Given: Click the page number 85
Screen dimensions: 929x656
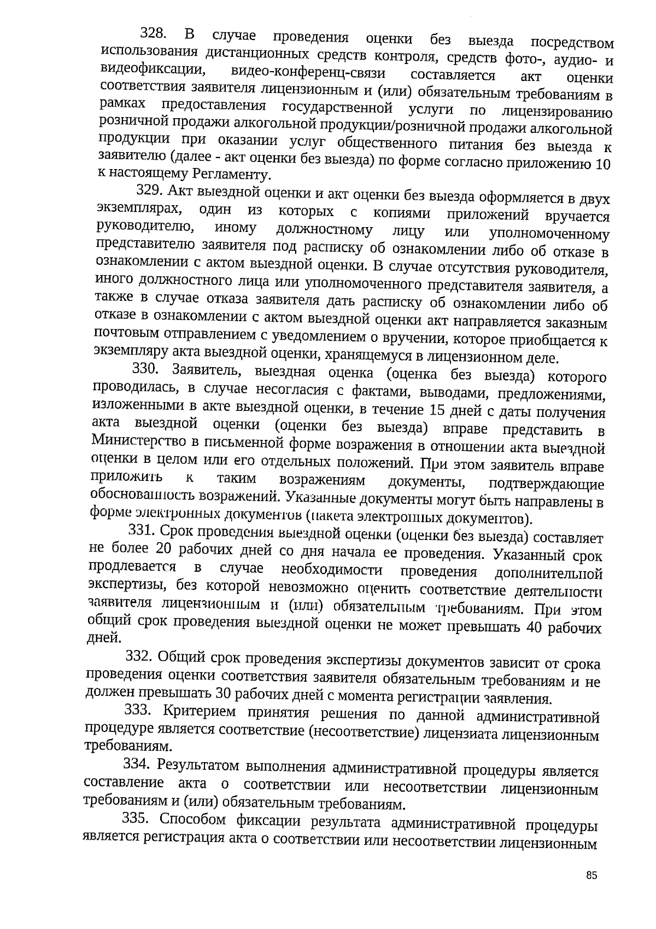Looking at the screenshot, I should (x=591, y=875).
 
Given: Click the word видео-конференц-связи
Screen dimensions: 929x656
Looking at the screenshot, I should (x=308, y=73).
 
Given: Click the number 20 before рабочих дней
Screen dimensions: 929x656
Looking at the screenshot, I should (x=164, y=548).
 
